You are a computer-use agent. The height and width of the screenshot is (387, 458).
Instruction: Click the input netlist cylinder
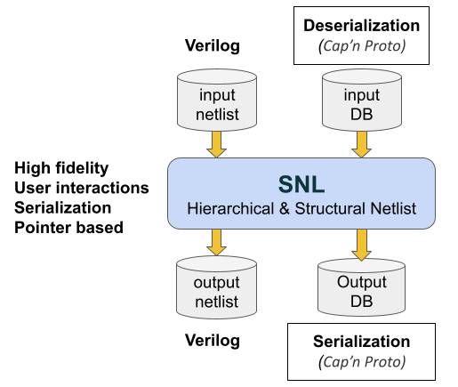[x=217, y=101]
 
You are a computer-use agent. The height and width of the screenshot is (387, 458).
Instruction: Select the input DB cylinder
[x=362, y=101]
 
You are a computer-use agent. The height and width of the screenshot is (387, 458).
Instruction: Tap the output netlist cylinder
[x=216, y=287]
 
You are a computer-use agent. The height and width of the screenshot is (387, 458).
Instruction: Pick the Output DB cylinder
[x=361, y=287]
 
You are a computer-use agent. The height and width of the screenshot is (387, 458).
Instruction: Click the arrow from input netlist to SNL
[x=217, y=144]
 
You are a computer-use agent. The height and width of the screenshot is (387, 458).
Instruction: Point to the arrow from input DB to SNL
[x=362, y=144]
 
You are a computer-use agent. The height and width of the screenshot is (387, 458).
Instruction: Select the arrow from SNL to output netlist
[x=217, y=242]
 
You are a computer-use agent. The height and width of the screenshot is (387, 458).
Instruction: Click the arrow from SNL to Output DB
[x=362, y=245]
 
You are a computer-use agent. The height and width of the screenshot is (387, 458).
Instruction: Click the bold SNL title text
[x=301, y=185]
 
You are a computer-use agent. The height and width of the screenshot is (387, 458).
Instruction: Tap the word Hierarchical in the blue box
[x=230, y=208]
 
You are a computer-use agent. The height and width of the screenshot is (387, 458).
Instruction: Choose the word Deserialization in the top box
[x=361, y=26]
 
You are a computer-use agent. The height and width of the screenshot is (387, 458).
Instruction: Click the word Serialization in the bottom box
[x=361, y=342]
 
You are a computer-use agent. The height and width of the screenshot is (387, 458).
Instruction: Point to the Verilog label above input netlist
[x=213, y=46]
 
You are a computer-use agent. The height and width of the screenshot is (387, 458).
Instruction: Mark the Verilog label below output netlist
[x=213, y=341]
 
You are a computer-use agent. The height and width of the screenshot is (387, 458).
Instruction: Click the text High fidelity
[x=61, y=168]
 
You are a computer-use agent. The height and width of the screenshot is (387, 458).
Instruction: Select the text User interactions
[x=82, y=188]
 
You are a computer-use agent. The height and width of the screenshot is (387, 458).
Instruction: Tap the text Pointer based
[x=68, y=228]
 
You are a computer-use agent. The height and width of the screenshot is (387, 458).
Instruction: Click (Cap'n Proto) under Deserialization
[x=362, y=46]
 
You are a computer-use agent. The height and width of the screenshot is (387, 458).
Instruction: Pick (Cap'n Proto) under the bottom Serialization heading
[x=362, y=362]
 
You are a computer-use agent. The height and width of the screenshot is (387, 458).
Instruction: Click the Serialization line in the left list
[x=63, y=208]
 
